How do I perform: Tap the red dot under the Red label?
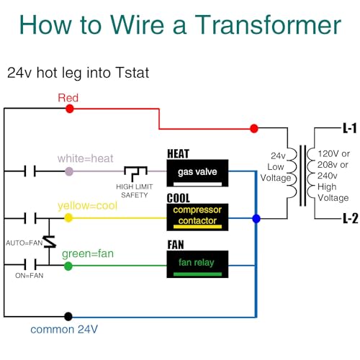[x=69, y=109]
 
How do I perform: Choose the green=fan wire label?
[x=89, y=253]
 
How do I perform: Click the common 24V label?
[x=64, y=330]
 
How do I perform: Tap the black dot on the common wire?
[x=68, y=316]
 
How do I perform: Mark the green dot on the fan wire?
[x=68, y=266]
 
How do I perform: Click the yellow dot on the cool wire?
[x=68, y=217]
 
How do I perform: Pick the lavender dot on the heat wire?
[x=68, y=171]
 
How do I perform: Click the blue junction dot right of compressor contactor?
[x=256, y=218]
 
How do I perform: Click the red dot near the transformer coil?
[x=253, y=129]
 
